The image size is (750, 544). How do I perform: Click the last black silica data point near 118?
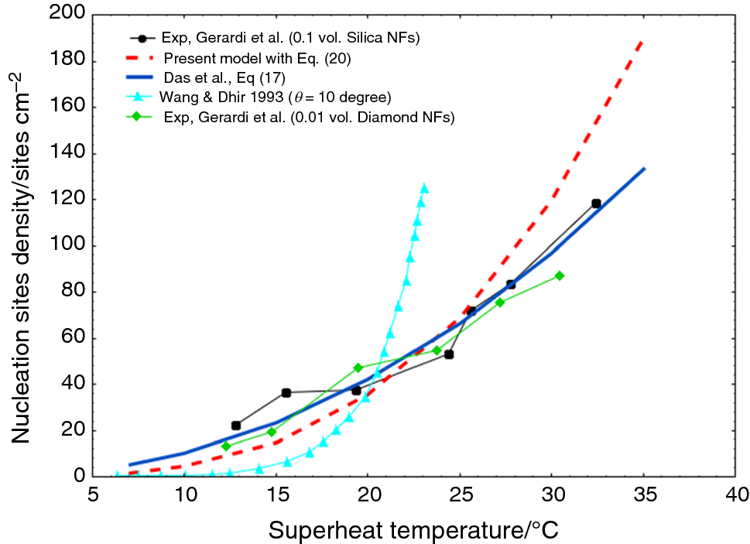click(x=596, y=204)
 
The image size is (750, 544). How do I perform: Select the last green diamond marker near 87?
click(x=560, y=275)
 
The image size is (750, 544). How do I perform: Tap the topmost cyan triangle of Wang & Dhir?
click(x=423, y=188)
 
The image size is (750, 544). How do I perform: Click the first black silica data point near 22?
click(x=236, y=426)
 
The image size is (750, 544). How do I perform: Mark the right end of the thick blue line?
click(x=644, y=169)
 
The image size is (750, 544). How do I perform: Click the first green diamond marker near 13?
click(x=226, y=446)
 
